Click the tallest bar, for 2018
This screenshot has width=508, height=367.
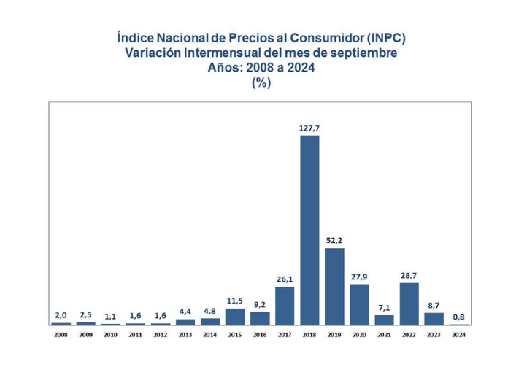[309, 230]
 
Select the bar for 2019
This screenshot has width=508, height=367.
[334, 286]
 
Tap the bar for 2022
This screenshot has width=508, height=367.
[409, 304]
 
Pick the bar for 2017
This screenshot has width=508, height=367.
[285, 306]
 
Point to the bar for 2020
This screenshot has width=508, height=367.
[359, 304]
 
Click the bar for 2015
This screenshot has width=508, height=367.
[235, 317]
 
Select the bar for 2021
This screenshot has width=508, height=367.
[385, 320]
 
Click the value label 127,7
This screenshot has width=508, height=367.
[309, 128]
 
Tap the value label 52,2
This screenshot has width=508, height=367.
[334, 240]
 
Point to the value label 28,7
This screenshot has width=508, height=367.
[409, 275]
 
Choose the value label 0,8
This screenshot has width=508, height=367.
[459, 317]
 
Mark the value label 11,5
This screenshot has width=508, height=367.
[235, 301]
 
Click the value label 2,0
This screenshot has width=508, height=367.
[61, 315]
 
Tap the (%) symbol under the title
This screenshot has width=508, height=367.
[261, 82]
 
